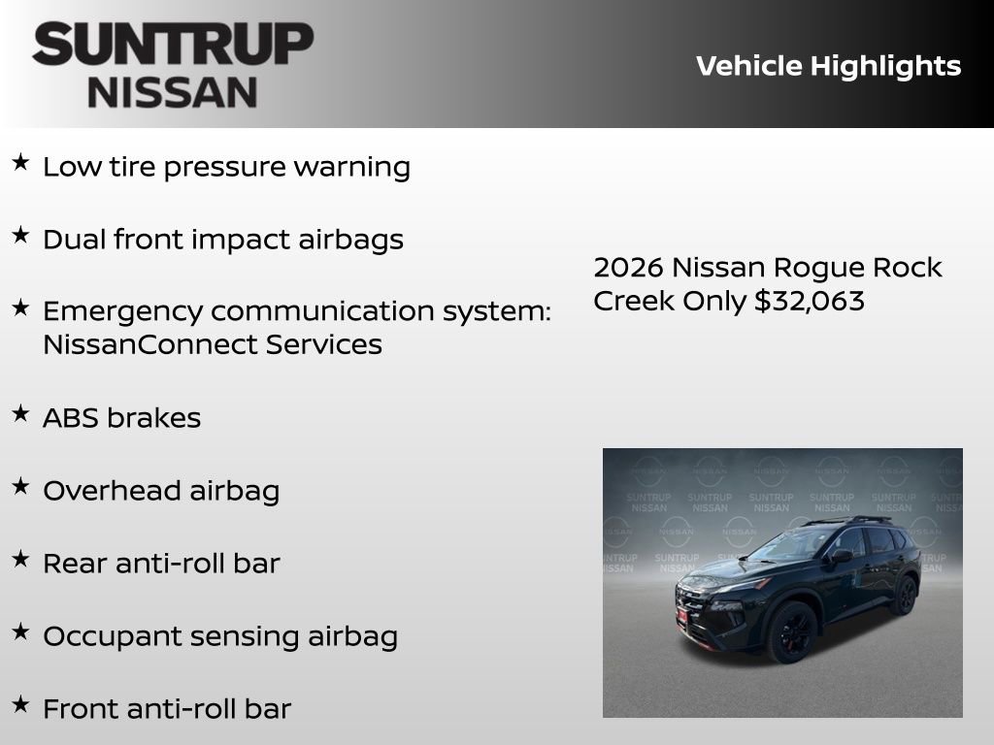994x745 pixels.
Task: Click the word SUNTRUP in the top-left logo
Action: coord(173,45)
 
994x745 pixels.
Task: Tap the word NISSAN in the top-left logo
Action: coord(173,91)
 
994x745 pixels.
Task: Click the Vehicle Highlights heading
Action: coord(828,66)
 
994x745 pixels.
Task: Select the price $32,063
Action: coord(810,301)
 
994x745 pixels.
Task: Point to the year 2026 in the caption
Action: coord(628,268)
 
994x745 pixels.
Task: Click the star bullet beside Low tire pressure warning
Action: coord(20,163)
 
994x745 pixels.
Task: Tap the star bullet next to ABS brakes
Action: coord(20,414)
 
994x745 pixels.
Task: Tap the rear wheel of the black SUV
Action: coord(905,594)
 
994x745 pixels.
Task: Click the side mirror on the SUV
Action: coord(841,556)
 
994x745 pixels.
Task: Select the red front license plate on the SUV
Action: coord(681,615)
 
